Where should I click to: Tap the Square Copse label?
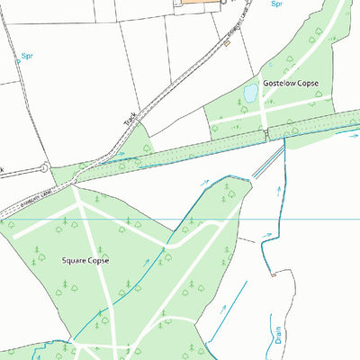[85, 260]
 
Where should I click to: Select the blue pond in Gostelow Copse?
[251, 94]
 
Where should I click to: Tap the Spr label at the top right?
[276, 4]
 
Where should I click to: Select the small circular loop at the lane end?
[44, 167]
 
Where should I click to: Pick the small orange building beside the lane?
[227, 43]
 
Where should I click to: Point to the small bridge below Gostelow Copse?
[266, 134]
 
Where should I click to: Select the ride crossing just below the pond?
[263, 108]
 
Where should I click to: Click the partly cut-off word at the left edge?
[2, 169]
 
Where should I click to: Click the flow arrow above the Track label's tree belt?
[120, 163]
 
